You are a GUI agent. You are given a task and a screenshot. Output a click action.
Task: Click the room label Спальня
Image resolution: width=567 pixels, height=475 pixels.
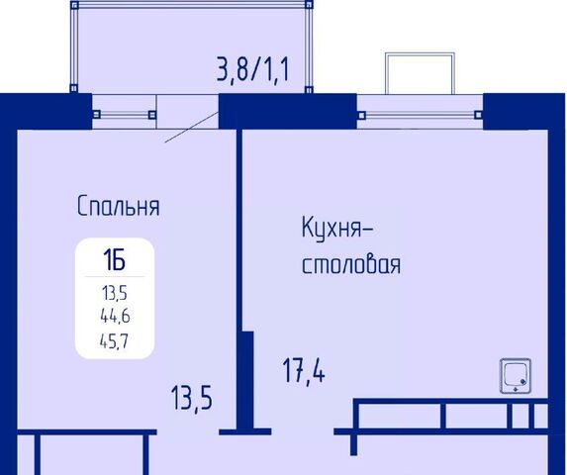pyautogui.click(x=119, y=206)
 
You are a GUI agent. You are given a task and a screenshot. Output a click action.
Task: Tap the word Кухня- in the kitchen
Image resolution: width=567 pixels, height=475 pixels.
pyautogui.click(x=337, y=228)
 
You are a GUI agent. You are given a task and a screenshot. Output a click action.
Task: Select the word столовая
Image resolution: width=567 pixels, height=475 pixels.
pyautogui.click(x=351, y=264)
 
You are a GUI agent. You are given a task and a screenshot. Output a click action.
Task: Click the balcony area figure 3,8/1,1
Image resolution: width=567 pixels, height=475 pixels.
pyautogui.click(x=252, y=69)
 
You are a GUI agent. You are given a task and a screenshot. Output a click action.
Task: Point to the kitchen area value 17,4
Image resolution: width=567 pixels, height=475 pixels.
pyautogui.click(x=304, y=371)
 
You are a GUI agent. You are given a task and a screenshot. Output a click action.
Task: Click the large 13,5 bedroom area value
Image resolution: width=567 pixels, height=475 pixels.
pyautogui.click(x=191, y=398)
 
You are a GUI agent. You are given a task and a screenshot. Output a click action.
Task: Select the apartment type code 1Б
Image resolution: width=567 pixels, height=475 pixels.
pyautogui.click(x=114, y=260)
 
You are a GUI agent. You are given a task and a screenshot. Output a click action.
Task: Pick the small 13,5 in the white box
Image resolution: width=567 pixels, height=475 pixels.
pyautogui.click(x=115, y=293)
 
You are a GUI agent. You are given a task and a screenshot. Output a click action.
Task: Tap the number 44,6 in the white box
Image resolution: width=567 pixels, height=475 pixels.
pyautogui.click(x=115, y=317)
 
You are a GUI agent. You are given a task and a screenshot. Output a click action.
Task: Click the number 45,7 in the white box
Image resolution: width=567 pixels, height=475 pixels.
pyautogui.click(x=114, y=340)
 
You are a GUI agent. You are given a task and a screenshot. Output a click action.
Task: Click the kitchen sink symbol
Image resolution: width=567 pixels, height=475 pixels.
pyautogui.click(x=516, y=376)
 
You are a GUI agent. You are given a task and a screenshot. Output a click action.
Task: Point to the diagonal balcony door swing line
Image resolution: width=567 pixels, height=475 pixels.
pyautogui.click(x=192, y=128)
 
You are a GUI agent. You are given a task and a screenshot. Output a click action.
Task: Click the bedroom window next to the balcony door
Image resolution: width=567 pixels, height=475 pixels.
pyautogui.click(x=125, y=115)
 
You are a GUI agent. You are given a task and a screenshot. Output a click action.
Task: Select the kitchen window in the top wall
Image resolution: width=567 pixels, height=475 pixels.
pyautogui.click(x=420, y=115)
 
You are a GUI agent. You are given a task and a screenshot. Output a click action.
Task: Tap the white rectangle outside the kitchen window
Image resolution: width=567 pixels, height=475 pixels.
pyautogui.click(x=420, y=73)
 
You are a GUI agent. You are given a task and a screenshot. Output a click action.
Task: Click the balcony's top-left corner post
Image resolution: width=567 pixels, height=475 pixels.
pyautogui.click(x=74, y=5)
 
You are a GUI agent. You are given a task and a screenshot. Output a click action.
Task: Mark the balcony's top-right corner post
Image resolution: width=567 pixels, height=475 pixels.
pyautogui.click(x=309, y=5)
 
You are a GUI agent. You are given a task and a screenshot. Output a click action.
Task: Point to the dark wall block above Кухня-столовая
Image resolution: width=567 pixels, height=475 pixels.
pyautogui.click(x=288, y=112)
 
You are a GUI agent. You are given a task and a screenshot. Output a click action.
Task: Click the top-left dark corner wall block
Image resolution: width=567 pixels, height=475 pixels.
pyautogui.click(x=46, y=112)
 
